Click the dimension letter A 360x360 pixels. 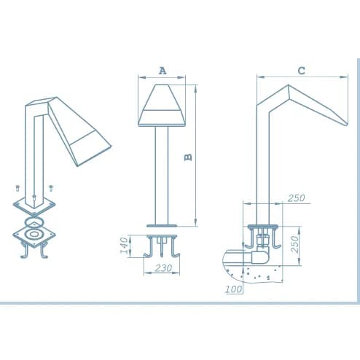pos(163,71)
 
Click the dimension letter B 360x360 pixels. pos(188,157)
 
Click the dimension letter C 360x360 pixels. pos(301,71)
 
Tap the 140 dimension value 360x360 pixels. pos(125,246)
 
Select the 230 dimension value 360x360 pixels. pos(163,268)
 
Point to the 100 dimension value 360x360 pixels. pos(234,289)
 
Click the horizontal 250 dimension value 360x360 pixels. pos(296,198)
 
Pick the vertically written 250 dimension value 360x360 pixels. pos(294,245)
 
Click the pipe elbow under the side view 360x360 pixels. pos(260,256)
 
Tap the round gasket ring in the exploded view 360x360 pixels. pos(34,222)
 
